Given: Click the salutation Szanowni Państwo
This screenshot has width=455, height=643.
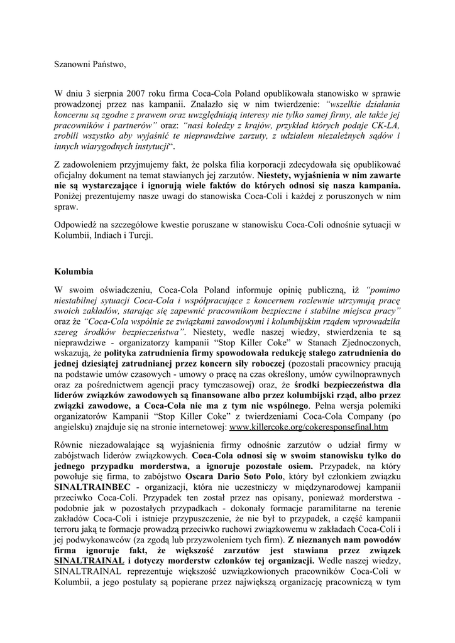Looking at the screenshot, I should [85, 64].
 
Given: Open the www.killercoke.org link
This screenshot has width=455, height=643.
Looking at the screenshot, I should [309, 427].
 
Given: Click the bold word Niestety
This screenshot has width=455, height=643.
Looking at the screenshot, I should [277, 175].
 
